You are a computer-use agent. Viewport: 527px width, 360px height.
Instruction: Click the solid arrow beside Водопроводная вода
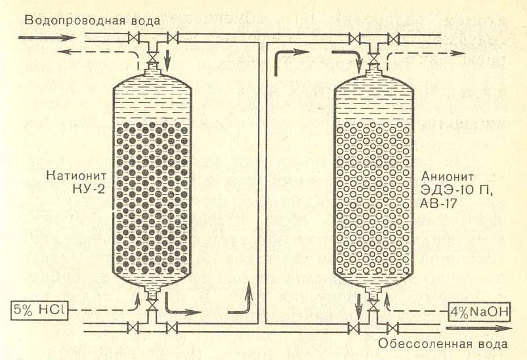pos(43,38)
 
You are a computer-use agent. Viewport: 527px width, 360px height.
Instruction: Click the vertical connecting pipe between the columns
pos(262,184)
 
